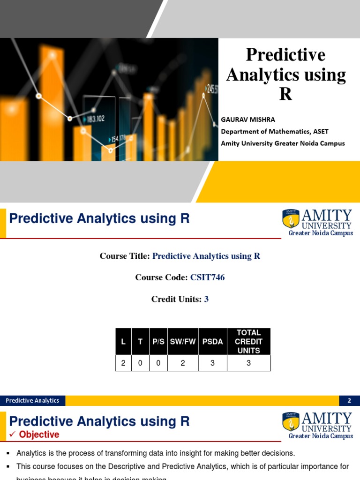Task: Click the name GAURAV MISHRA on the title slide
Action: pos(248,120)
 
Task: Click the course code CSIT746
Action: pos(207,277)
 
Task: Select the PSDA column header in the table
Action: pos(213,342)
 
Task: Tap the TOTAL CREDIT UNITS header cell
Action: pos(248,342)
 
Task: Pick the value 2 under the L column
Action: pos(123,363)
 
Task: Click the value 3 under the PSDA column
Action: pos(213,363)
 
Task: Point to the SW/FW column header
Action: pos(183,342)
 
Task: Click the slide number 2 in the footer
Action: pos(349,400)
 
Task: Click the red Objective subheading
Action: pos(39,435)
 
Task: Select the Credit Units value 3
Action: pos(206,299)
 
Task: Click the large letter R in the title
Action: pos(285,94)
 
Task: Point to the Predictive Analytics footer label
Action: pos(33,400)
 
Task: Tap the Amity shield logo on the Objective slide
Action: pos(291,422)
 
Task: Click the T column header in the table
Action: pos(140,342)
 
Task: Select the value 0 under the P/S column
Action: pos(158,363)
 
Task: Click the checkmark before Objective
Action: pos(13,435)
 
